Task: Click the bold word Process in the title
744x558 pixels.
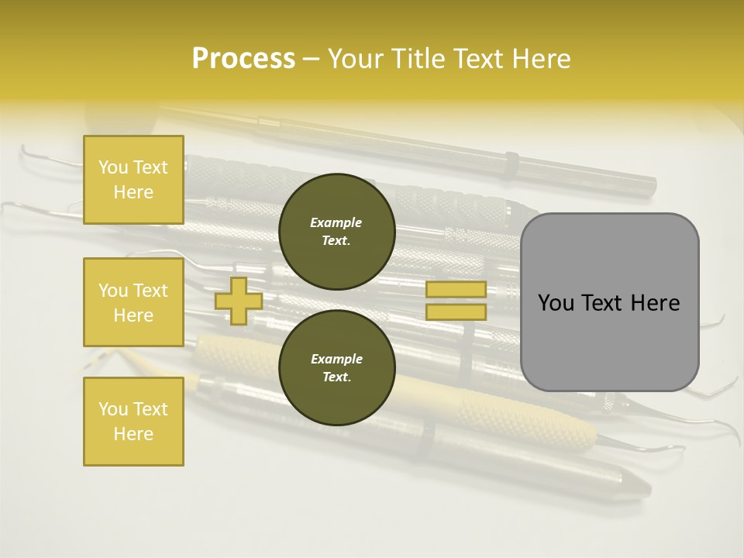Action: coord(243,58)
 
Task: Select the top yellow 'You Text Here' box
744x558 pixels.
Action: coord(133,180)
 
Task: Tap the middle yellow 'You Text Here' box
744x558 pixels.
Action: coord(133,302)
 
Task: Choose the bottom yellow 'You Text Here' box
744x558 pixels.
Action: coord(133,422)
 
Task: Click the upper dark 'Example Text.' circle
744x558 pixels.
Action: coord(336,231)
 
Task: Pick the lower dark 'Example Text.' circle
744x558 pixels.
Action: coord(336,367)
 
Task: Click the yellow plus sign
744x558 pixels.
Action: coord(239,301)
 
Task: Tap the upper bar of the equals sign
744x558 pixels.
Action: coord(456,289)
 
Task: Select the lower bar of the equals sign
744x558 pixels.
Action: coord(456,312)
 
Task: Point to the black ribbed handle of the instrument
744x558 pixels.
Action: coord(434,200)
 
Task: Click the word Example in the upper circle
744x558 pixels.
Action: coord(336,222)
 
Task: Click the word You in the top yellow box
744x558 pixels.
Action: coord(112,167)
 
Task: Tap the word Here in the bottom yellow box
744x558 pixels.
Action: coord(133,434)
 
